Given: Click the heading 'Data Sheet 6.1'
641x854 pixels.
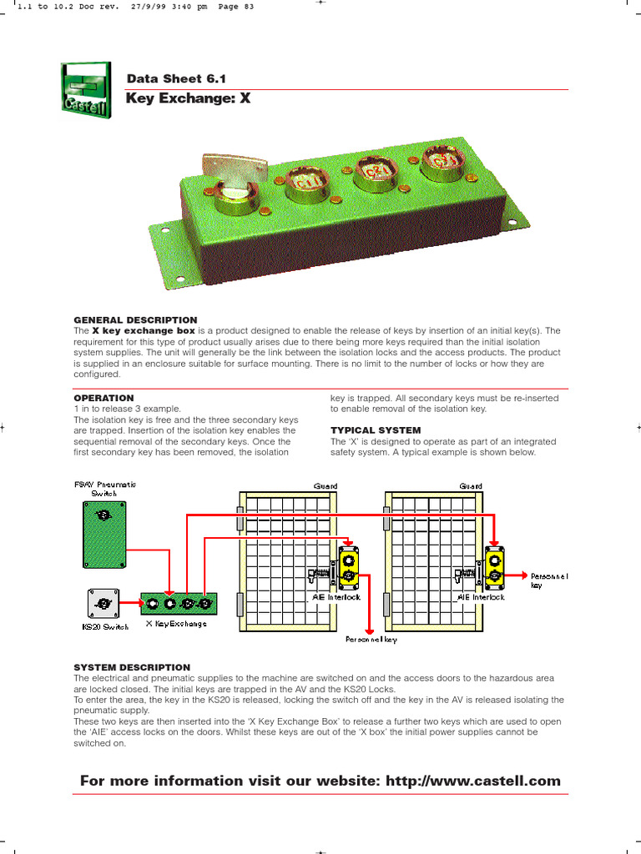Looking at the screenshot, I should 176,79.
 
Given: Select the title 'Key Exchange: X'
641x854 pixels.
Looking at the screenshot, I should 188,98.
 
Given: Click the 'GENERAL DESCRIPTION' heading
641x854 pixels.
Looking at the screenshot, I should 135,319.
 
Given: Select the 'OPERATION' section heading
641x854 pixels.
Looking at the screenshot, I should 103,398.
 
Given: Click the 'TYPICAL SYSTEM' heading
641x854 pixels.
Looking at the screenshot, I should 376,430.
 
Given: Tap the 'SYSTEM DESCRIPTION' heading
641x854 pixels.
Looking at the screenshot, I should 132,667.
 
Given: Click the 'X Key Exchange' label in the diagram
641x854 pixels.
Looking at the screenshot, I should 176,624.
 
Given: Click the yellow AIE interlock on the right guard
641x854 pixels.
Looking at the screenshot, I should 495,565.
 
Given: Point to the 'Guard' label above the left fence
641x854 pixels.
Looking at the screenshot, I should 325,485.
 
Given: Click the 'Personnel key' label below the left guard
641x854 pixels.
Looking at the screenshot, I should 371,640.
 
